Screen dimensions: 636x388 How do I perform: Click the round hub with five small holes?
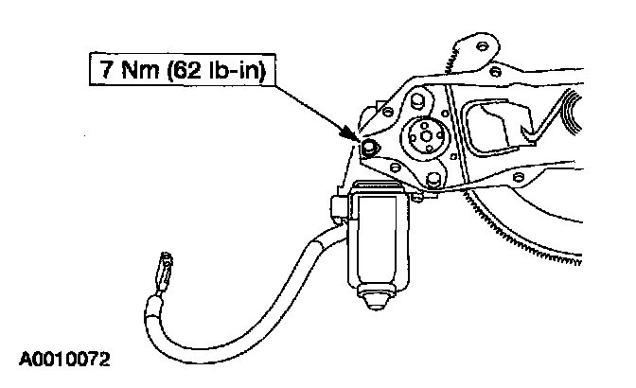tap(424, 137)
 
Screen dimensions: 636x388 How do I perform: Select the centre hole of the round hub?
tap(424, 137)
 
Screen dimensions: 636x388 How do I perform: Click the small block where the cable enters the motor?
tap(338, 205)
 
